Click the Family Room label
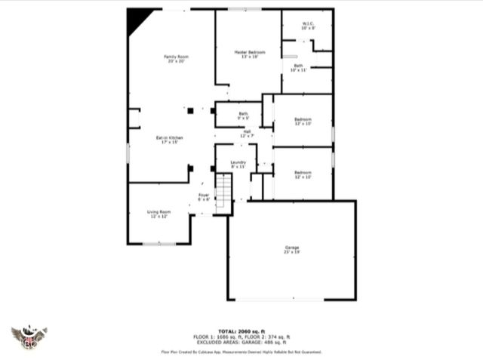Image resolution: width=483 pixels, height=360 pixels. click(x=176, y=59)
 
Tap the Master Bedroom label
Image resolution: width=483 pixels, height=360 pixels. click(x=250, y=54)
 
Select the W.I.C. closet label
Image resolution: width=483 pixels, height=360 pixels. click(x=307, y=25)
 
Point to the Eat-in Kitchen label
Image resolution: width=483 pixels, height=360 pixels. click(x=170, y=140)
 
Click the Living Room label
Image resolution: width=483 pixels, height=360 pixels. click(x=158, y=214)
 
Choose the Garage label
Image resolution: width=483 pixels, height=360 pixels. click(x=292, y=250)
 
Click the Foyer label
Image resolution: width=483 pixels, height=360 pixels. click(x=204, y=197)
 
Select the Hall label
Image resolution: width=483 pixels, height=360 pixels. click(x=247, y=133)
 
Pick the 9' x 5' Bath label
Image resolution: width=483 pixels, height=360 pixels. click(x=243, y=115)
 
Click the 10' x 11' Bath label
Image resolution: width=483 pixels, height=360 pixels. click(x=298, y=68)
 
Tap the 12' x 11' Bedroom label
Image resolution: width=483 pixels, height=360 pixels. click(x=303, y=121)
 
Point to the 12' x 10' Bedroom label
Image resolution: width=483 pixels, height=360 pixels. click(x=303, y=174)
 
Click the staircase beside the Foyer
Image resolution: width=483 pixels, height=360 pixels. click(x=224, y=193)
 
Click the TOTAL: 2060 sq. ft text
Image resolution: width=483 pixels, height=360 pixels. click(x=241, y=331)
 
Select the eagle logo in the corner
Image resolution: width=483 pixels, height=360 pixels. click(x=29, y=337)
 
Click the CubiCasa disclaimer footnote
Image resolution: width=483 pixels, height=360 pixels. click(x=241, y=352)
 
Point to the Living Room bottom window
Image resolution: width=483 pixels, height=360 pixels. click(x=159, y=244)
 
